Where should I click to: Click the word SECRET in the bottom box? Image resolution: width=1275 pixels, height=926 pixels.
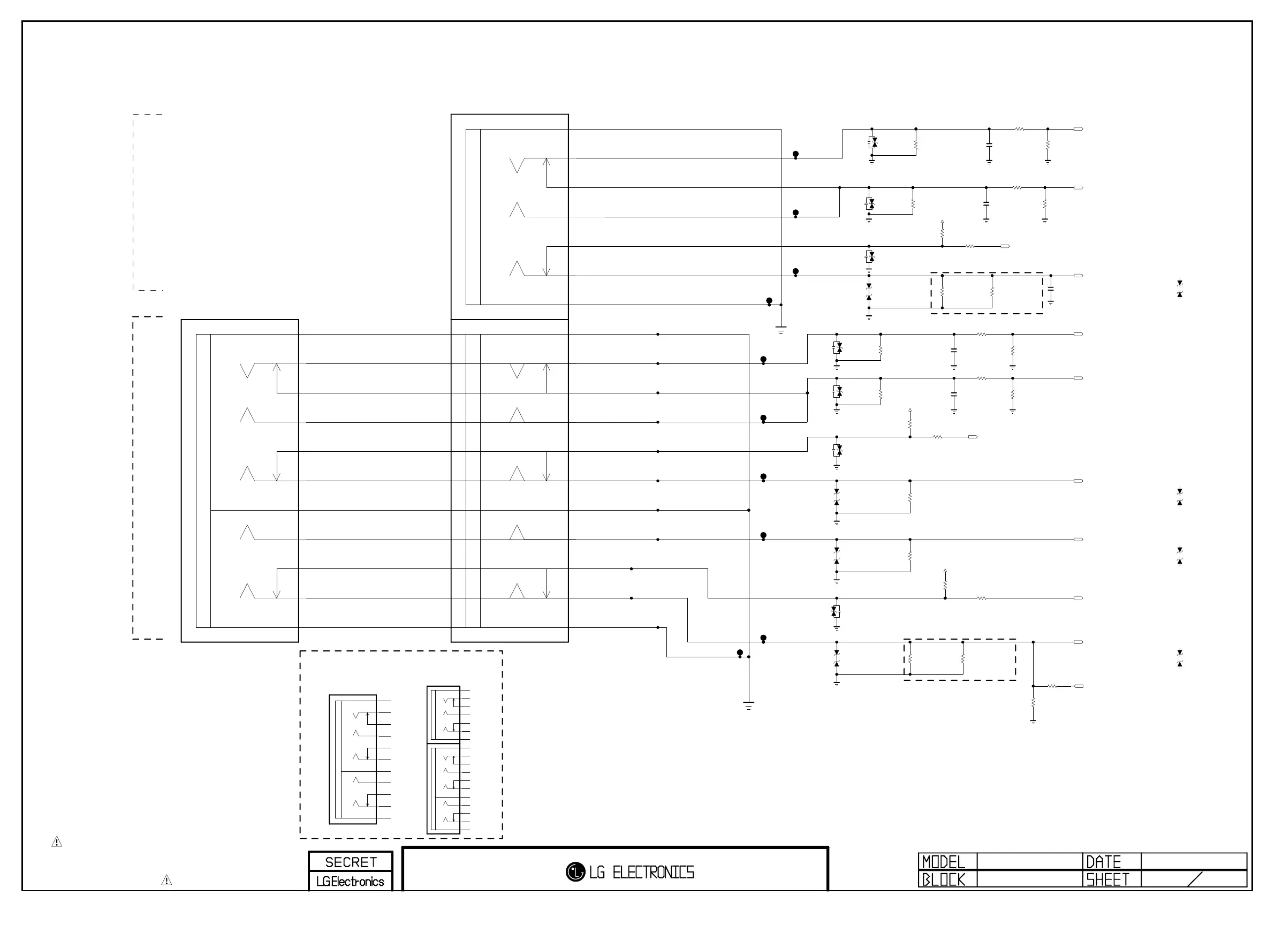351,862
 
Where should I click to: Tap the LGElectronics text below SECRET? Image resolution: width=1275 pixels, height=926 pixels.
350,881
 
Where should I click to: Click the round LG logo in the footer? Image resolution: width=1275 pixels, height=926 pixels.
575,872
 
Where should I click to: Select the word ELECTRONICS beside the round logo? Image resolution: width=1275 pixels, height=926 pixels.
653,872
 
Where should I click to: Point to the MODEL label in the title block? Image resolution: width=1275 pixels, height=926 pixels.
944,862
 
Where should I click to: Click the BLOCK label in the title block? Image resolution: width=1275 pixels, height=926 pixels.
944,879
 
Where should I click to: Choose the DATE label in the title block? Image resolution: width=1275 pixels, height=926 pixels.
1103,862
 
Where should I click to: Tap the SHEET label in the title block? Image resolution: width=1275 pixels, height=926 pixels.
1107,879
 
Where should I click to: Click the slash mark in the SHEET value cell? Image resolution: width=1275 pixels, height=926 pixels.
1195,879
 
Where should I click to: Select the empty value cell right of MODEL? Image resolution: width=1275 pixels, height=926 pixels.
1030,861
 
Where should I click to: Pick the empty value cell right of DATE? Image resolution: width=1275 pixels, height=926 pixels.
1194,861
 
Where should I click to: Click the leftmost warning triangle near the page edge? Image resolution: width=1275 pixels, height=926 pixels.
57,841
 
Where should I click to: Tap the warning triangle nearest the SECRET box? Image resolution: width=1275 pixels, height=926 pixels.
166,880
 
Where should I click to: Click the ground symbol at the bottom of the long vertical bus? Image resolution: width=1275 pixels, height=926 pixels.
748,705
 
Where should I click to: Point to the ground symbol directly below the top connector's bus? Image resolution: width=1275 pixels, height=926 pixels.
781,330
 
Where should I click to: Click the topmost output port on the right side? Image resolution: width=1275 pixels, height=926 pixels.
1078,130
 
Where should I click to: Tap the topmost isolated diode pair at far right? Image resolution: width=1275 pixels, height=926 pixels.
1179,289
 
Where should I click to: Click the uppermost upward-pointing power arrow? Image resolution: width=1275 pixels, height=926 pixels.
942,223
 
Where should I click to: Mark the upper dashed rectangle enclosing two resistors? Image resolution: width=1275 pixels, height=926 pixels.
986,293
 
